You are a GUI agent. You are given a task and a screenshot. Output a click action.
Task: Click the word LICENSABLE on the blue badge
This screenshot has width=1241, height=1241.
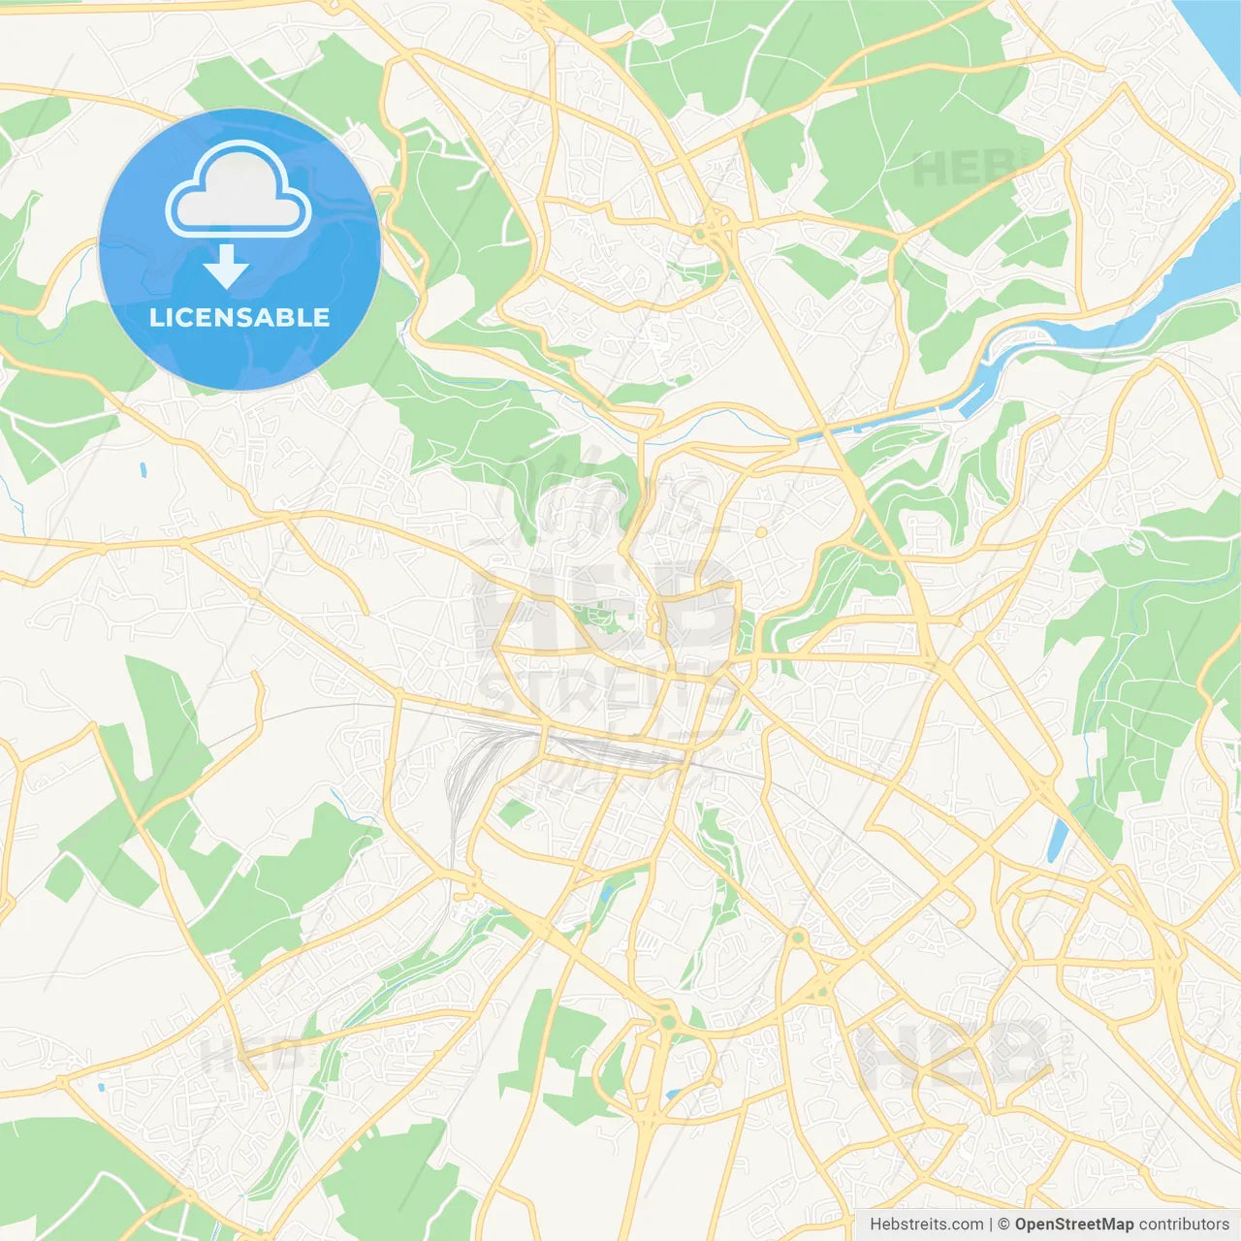pyautogui.click(x=239, y=317)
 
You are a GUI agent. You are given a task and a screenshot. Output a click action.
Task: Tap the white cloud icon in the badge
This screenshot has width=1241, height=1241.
pyautogui.click(x=239, y=189)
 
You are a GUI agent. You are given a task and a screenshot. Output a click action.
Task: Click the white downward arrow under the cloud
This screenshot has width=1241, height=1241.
pyautogui.click(x=227, y=266)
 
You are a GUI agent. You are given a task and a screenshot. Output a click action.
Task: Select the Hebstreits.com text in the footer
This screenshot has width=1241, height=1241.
pyautogui.click(x=926, y=1225)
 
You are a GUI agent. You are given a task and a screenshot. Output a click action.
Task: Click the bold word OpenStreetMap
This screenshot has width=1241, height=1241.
pyautogui.click(x=1074, y=1225)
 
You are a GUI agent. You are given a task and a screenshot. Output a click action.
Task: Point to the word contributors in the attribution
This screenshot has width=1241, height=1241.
pyautogui.click(x=1184, y=1225)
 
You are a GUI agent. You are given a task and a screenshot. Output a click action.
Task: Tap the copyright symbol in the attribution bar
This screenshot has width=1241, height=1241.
pyautogui.click(x=1004, y=1225)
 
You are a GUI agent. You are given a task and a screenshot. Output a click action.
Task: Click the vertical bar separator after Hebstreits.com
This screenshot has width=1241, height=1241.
pyautogui.click(x=991, y=1225)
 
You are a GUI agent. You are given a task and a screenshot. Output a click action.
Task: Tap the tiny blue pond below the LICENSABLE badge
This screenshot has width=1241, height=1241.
pyautogui.click(x=143, y=471)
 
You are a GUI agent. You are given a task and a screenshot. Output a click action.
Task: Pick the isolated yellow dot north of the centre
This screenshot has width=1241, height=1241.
pyautogui.click(x=761, y=532)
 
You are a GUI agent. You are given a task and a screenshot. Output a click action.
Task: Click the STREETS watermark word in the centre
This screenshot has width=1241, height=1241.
pyautogui.click(x=601, y=692)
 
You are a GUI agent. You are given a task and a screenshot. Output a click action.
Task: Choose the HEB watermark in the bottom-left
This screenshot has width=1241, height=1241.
pyautogui.click(x=247, y=1055)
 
